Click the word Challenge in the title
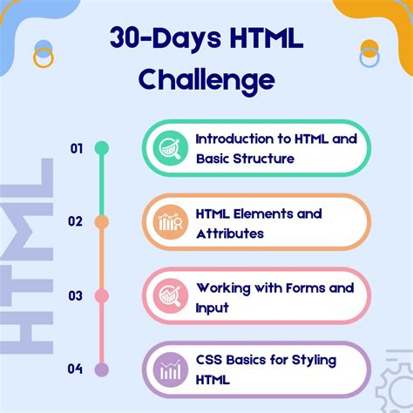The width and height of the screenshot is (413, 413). tap(206, 81)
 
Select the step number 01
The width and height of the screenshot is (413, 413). tap(77, 149)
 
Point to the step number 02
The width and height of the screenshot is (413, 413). tap(77, 221)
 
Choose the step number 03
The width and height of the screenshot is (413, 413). tap(77, 295)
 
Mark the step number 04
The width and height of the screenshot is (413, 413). tap(77, 369)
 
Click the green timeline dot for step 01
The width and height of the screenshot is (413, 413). tap(102, 149)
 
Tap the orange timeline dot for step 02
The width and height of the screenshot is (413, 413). tap(102, 222)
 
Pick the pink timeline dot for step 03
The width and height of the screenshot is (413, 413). tap(102, 295)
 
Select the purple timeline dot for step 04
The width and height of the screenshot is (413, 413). tap(102, 369)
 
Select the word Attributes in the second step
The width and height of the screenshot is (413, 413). tap(230, 234)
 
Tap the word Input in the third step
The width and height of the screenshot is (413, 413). tap(213, 308)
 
